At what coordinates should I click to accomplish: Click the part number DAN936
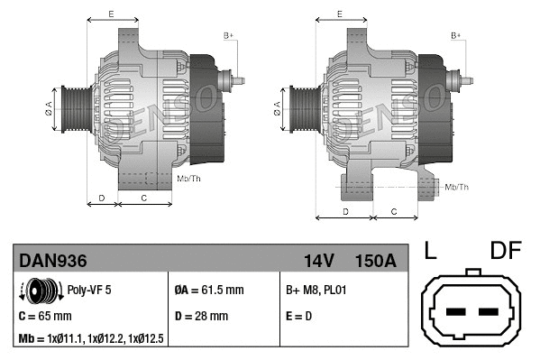(53, 261)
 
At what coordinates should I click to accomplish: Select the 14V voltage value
(319, 261)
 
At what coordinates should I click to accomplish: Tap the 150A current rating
(376, 261)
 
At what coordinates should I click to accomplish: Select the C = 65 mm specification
(45, 317)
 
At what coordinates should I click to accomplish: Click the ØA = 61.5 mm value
(208, 291)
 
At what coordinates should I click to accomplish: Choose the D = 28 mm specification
(201, 317)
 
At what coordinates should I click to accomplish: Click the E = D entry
(298, 317)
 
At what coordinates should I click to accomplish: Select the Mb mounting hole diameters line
(90, 338)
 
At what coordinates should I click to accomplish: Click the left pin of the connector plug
(455, 313)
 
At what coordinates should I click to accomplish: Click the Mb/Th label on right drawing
(456, 187)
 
